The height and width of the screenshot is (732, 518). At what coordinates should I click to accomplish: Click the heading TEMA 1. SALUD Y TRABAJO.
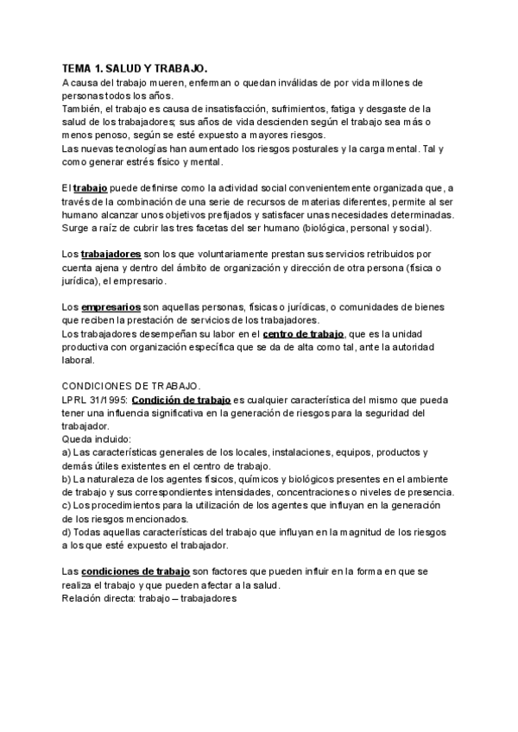pyautogui.click(x=136, y=67)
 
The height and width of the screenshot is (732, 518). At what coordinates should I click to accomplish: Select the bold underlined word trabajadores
pyautogui.click(x=111, y=255)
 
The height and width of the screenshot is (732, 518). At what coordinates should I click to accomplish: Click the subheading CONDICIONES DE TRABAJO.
pyautogui.click(x=131, y=387)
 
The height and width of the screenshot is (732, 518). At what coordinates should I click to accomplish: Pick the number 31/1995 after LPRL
pyautogui.click(x=107, y=400)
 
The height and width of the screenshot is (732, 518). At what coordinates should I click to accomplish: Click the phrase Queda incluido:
pyautogui.click(x=94, y=439)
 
